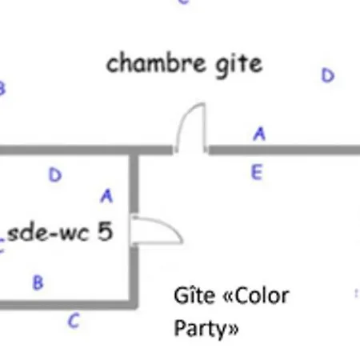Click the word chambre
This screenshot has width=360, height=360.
156,63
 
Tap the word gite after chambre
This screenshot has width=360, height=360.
239,66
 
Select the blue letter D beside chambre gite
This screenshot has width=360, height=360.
328,75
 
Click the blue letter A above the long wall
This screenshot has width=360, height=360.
259,134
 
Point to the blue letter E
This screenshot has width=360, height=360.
257,172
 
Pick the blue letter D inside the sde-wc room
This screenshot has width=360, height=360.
55,175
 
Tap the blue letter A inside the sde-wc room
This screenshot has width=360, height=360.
107,196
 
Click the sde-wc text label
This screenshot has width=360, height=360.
48,234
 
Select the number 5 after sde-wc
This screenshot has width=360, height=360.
105,231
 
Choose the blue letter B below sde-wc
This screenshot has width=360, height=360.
38,282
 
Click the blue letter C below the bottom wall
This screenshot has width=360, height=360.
74,321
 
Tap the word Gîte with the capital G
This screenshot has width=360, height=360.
194,295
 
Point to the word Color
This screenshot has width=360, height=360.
262,296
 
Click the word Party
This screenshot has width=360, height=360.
200,329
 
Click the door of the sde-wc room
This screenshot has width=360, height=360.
157,230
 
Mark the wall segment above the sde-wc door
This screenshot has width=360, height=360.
134,184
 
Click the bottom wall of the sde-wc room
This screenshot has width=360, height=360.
69,305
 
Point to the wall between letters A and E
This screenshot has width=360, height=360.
284,150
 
